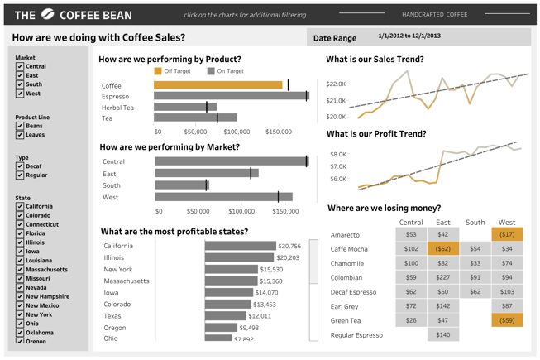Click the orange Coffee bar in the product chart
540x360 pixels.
217,85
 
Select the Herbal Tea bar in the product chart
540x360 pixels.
184,108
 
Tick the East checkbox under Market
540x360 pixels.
20,75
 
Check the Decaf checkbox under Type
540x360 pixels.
20,166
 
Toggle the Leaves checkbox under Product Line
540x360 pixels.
20,135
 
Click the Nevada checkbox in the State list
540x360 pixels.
20,288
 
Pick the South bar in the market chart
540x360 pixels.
181,185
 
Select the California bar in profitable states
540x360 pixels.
240,246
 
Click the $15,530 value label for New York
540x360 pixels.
271,270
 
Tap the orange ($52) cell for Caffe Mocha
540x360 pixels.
443,249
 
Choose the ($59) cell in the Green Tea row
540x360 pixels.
507,320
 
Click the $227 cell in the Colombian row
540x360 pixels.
443,278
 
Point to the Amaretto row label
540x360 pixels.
346,235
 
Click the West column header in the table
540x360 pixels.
507,222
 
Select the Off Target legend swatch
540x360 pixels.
158,72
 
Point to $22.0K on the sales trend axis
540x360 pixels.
336,84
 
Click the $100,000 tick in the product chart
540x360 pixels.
237,132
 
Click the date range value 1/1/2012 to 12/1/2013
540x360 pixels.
409,36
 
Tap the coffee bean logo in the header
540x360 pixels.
48,14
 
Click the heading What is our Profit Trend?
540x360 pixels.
376,134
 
